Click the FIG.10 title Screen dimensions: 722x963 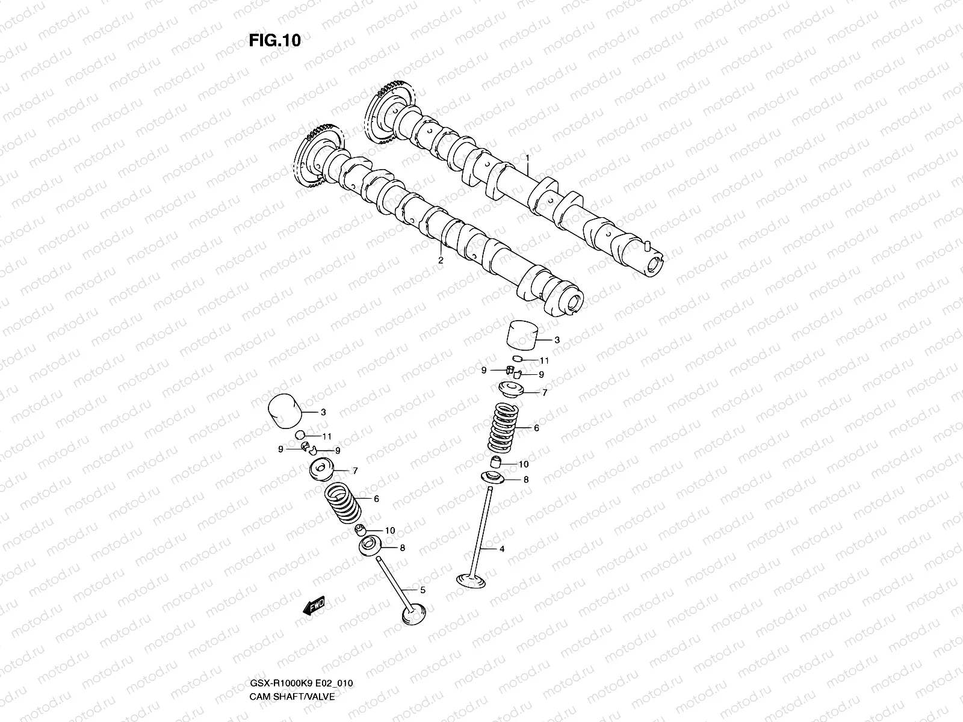pyautogui.click(x=274, y=40)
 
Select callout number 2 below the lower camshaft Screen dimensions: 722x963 pyautogui.click(x=440, y=261)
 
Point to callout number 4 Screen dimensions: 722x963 pyautogui.click(x=501, y=549)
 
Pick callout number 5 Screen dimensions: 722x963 pyautogui.click(x=423, y=590)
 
